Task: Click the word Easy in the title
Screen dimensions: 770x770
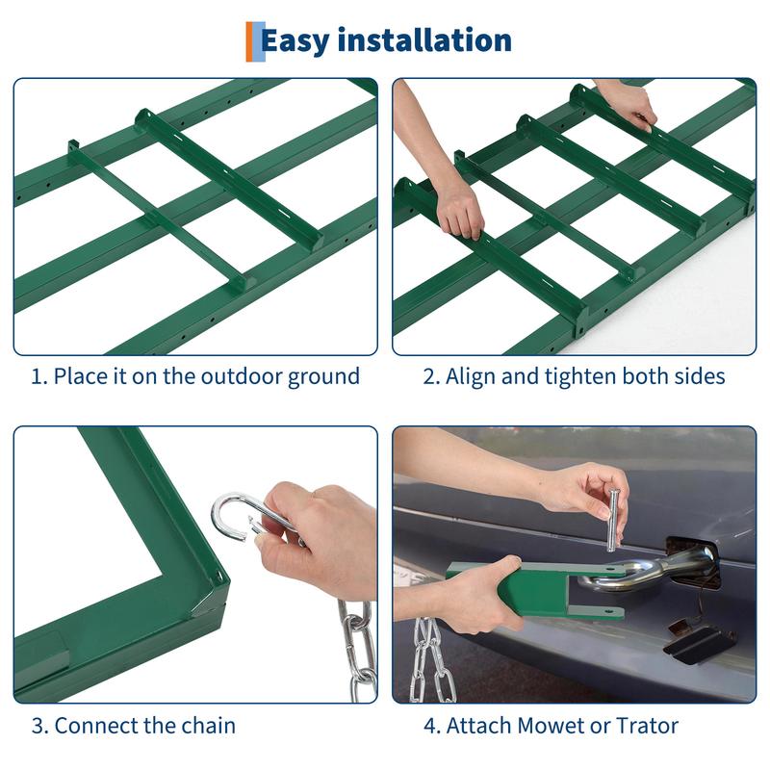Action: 295,41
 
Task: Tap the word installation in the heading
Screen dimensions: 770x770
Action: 424,39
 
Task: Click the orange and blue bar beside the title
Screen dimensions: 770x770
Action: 255,41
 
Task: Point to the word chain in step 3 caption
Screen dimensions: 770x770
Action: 208,726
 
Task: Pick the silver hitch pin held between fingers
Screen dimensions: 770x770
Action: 613,520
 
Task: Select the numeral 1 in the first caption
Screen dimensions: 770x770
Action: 36,376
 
